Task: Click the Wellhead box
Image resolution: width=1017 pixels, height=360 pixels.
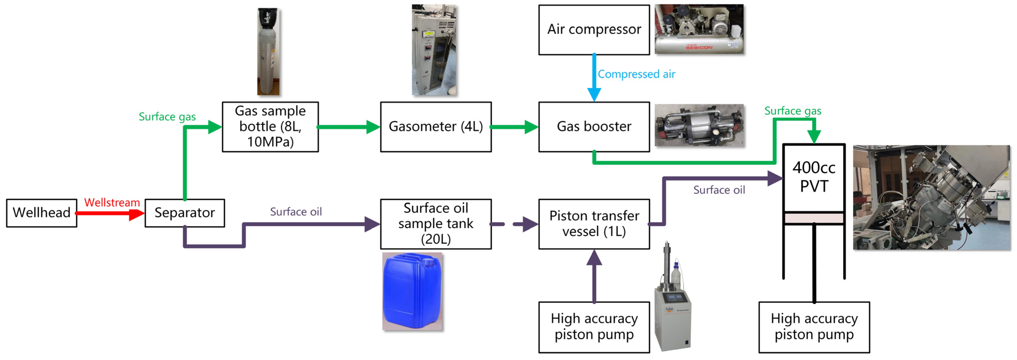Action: pos(41,213)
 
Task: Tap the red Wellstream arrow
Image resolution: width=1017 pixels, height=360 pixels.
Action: pos(111,214)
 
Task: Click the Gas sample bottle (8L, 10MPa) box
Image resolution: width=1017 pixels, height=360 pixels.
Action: pos(270,127)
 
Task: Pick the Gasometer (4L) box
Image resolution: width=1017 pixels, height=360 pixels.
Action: pos(435,127)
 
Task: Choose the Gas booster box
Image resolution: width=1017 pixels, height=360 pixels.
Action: pos(594,127)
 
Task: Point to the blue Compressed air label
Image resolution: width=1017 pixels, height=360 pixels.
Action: pos(636,74)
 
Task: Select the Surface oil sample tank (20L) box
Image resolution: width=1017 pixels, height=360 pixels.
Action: pos(435,224)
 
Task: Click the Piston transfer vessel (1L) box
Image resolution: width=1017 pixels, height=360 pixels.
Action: pos(594,224)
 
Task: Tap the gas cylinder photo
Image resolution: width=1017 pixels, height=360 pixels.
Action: pos(269,51)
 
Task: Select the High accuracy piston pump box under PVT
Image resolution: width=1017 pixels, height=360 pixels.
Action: pos(814,327)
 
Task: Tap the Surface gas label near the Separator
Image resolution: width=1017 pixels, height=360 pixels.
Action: pos(167,117)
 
